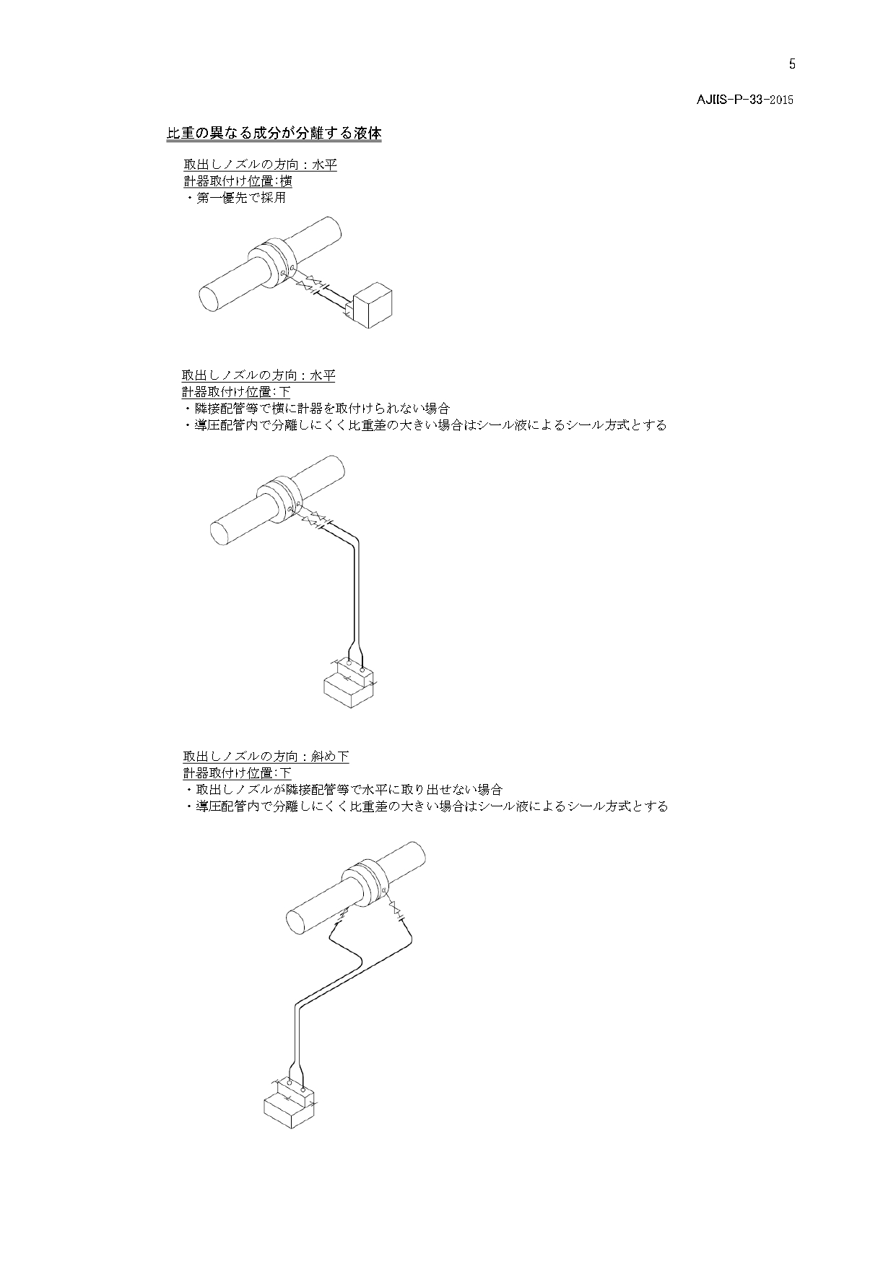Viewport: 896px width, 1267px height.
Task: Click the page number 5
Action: (792, 64)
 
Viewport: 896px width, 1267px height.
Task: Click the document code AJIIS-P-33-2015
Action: (744, 100)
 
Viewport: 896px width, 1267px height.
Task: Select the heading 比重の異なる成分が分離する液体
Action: (274, 134)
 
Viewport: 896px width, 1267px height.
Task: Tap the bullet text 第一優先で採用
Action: (241, 197)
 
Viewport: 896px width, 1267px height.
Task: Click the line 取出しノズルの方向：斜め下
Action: (266, 757)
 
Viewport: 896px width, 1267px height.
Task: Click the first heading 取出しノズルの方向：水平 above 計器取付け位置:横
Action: (260, 165)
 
